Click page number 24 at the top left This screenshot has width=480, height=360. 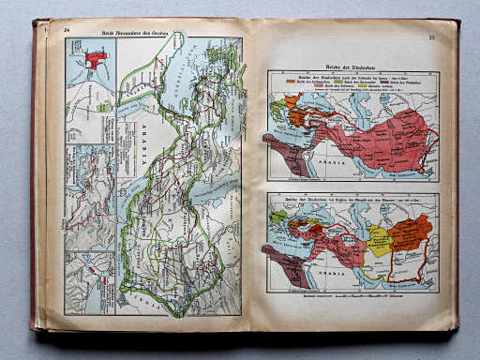point(67,31)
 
